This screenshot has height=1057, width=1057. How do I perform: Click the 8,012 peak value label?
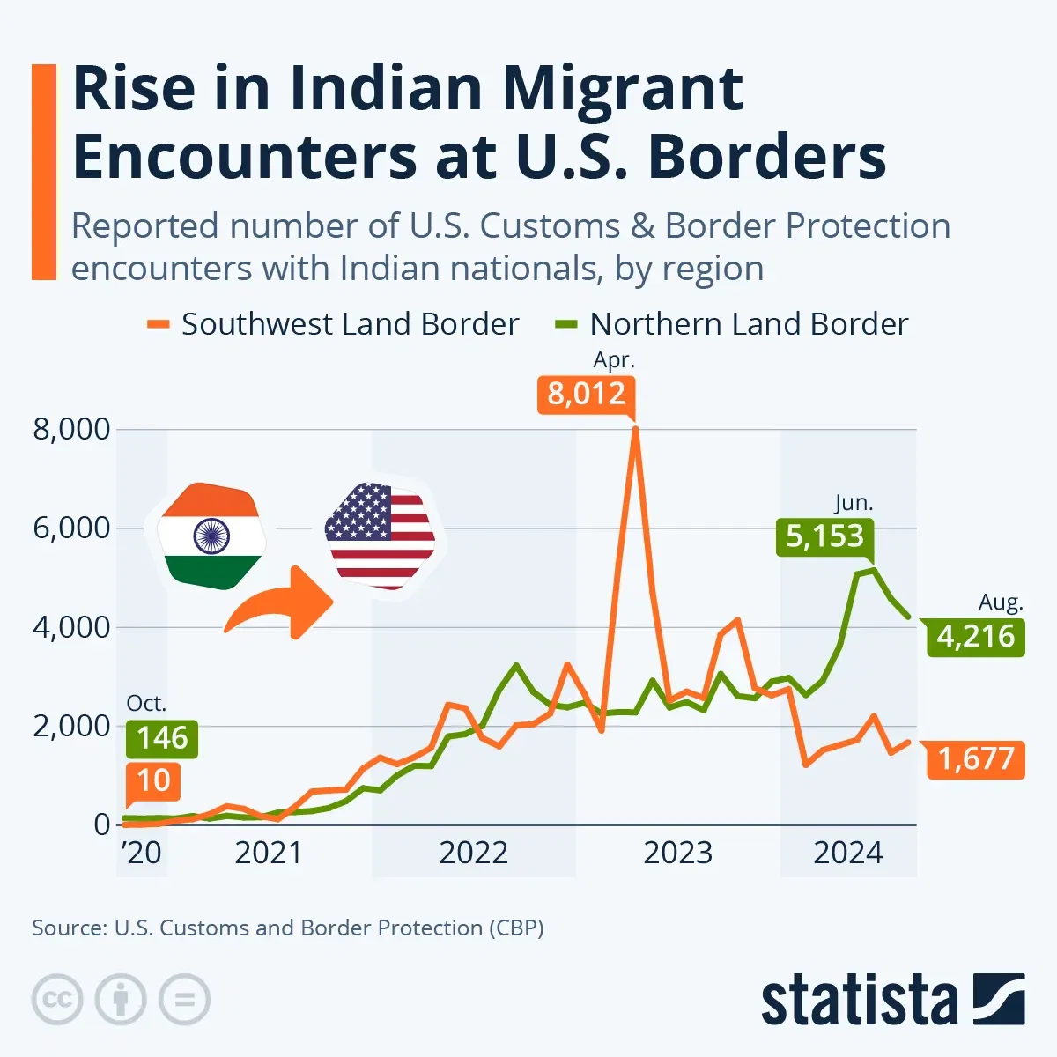point(586,393)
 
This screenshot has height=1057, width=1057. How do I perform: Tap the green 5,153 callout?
point(824,536)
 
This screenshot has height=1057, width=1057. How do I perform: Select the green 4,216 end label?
point(976,636)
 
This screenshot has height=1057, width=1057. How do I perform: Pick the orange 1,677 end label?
point(976,758)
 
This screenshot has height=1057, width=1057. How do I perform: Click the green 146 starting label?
point(162,738)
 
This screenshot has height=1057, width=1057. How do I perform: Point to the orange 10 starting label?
point(153,780)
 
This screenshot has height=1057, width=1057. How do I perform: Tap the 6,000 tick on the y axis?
point(72,528)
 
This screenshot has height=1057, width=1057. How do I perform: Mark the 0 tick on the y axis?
point(102,825)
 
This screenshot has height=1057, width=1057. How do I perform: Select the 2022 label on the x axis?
point(474,853)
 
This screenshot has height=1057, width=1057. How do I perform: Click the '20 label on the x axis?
point(140,853)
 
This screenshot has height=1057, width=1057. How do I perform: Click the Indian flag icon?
point(211,535)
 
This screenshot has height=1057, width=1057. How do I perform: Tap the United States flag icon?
point(381,535)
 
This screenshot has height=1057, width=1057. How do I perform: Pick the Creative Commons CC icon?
point(57,1000)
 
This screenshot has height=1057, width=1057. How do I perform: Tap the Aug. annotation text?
point(1001,603)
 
